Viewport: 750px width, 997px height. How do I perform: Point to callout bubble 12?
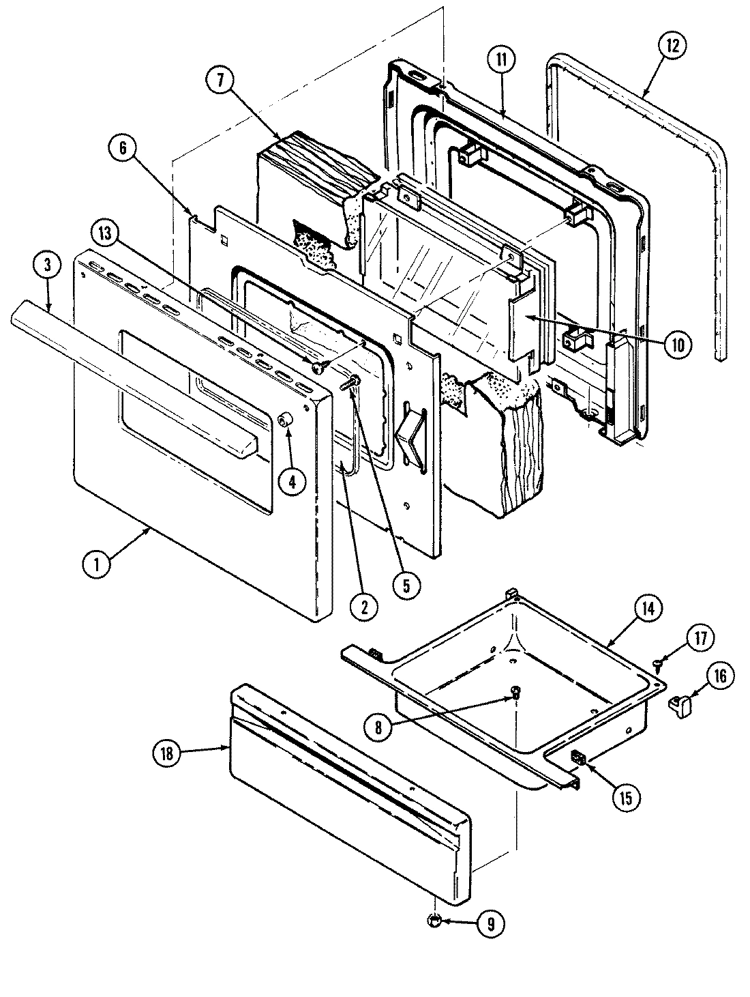(x=672, y=48)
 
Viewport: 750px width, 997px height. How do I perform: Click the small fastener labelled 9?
(x=434, y=922)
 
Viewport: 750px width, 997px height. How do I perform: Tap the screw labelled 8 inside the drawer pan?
(x=515, y=693)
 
